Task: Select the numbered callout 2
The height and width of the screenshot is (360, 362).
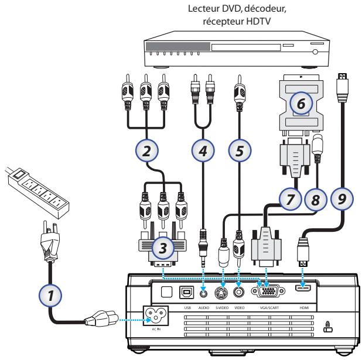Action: point(147,150)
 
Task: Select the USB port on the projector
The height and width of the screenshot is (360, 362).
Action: point(187,289)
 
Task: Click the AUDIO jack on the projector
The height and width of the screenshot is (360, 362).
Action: point(203,289)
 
